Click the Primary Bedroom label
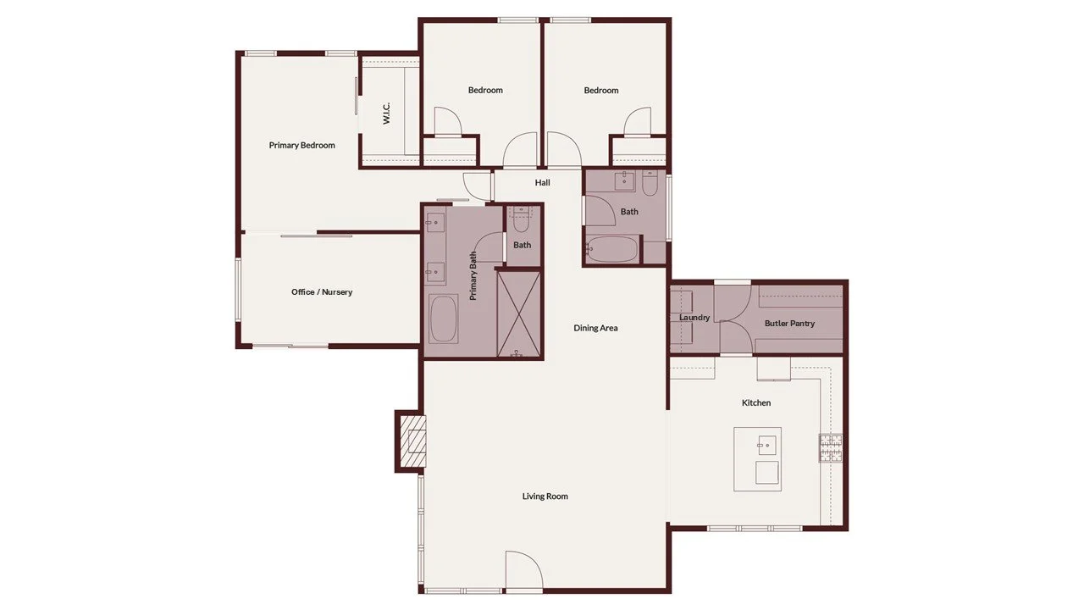pyautogui.click(x=301, y=145)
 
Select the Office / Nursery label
pyautogui.click(x=322, y=292)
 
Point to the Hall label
pyautogui.click(x=543, y=182)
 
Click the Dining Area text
pyautogui.click(x=596, y=328)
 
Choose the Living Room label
pyautogui.click(x=545, y=496)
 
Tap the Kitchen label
pyautogui.click(x=756, y=403)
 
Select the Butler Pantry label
pyautogui.click(x=789, y=324)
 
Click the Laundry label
pyautogui.click(x=694, y=318)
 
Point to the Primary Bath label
pyautogui.click(x=473, y=280)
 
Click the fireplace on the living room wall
pyautogui.click(x=412, y=441)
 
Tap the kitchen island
pyautogui.click(x=757, y=458)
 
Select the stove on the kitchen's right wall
pyautogui.click(x=830, y=447)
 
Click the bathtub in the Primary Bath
pyautogui.click(x=443, y=319)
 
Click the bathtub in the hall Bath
pyautogui.click(x=611, y=250)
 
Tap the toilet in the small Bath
pyautogui.click(x=521, y=223)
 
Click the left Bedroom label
pyautogui.click(x=485, y=90)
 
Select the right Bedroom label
pyautogui.click(x=601, y=90)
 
